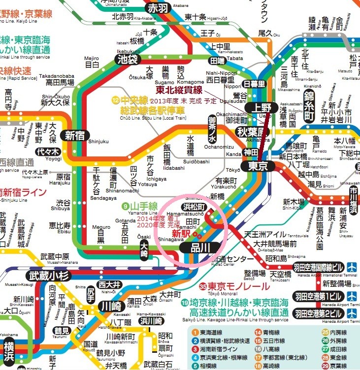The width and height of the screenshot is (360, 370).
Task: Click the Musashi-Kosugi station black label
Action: (x=48, y=276)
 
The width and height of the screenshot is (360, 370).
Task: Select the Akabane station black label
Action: (x=159, y=7)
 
